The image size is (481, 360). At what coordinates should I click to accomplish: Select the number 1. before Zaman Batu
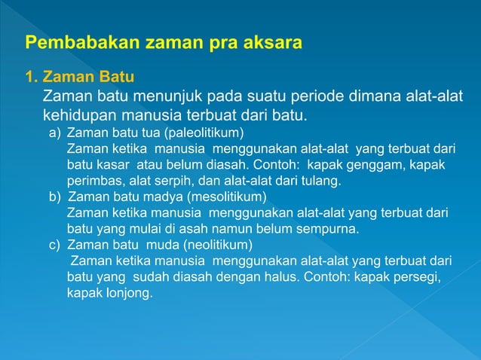click(x=32, y=77)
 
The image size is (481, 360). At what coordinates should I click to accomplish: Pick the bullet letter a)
click(x=55, y=133)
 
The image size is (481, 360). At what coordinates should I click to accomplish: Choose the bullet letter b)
click(x=55, y=197)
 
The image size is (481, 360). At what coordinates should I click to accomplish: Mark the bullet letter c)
click(x=55, y=246)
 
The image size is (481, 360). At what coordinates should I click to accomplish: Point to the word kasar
click(x=112, y=165)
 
